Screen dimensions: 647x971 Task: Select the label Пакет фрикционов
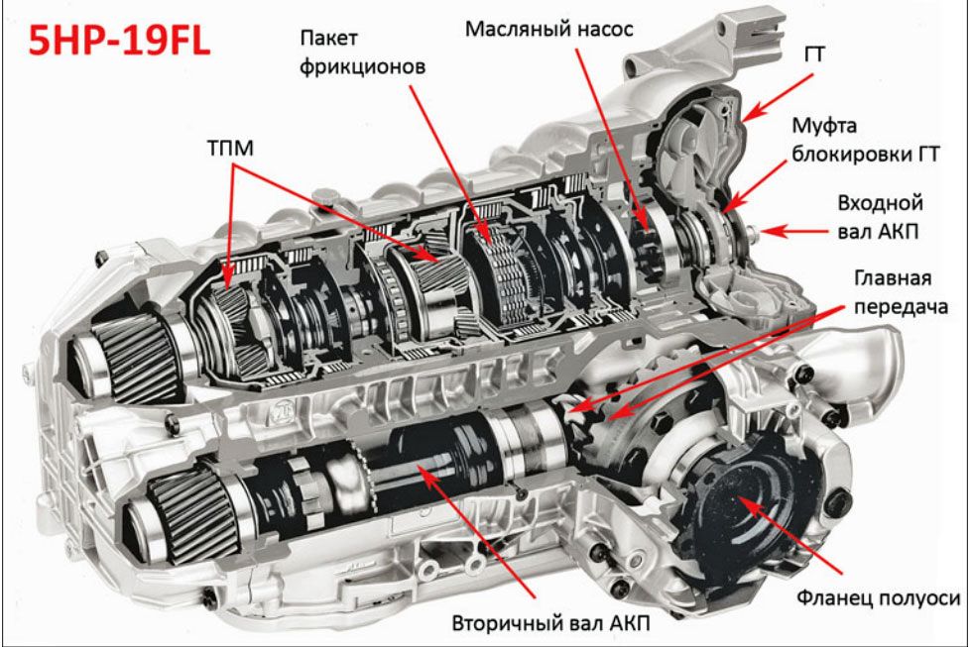point(365,54)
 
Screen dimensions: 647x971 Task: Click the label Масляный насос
point(547,28)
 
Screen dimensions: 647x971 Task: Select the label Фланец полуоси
point(879,597)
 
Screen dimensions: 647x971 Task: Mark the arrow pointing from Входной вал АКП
point(799,231)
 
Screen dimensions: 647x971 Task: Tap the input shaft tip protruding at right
point(756,233)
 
